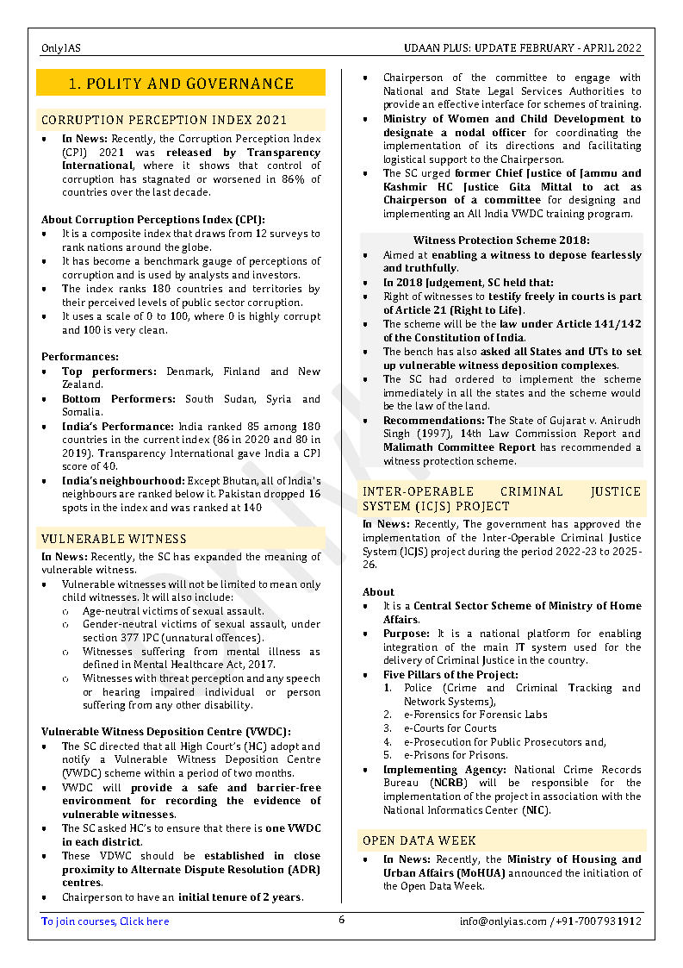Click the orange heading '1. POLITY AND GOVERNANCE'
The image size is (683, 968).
181,84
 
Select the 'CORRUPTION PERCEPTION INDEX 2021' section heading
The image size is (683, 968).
164,120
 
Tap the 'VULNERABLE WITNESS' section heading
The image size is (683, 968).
114,539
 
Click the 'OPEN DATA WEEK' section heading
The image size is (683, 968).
419,840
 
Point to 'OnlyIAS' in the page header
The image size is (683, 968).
60,48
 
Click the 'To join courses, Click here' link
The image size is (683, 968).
105,921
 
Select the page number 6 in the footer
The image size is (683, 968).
341,920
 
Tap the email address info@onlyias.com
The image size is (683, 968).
503,921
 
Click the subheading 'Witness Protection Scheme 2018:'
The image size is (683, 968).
501,240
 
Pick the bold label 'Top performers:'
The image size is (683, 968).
109,372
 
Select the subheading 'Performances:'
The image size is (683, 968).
80,356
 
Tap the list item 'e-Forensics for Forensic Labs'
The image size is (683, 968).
475,715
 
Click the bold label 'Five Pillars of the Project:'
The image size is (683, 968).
450,675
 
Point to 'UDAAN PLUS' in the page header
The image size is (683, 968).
436,48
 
